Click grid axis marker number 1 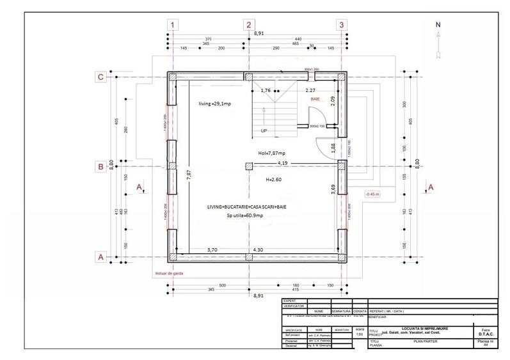point(173,25)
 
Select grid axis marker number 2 point(248,25)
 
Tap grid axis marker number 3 point(342,25)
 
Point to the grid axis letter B point(100,168)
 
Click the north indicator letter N point(438,25)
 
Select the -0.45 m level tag point(372,194)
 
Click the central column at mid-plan point(248,167)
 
